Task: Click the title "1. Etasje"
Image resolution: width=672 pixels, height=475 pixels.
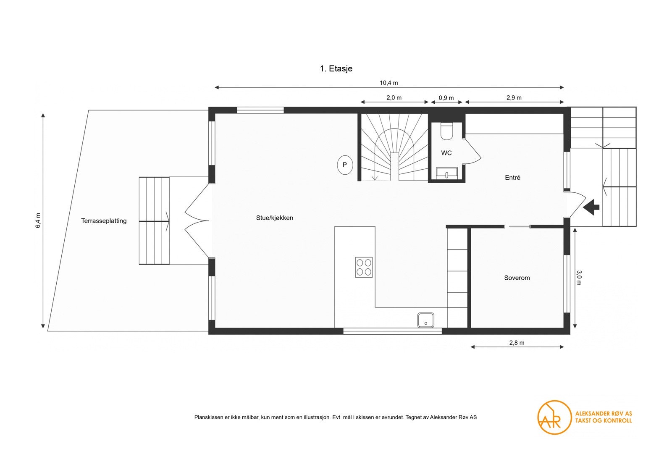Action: click(336, 69)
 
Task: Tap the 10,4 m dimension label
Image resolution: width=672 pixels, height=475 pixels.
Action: click(389, 83)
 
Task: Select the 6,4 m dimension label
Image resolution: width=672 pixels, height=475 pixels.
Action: click(38, 220)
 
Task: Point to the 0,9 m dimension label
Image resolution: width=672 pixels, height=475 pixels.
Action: click(446, 98)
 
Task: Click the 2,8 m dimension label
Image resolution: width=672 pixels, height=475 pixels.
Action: click(517, 343)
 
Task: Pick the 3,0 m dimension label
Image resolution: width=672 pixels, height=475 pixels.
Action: click(579, 278)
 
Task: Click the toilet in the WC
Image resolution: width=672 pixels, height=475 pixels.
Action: click(447, 131)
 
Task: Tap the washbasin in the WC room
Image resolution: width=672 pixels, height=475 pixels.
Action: click(447, 173)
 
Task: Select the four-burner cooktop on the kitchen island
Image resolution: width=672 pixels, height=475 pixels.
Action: click(364, 267)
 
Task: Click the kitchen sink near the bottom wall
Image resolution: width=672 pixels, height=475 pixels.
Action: click(426, 320)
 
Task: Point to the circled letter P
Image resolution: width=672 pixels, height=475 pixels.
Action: click(345, 165)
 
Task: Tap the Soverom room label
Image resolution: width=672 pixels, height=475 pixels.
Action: click(517, 278)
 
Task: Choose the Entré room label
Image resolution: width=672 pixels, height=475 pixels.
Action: click(512, 178)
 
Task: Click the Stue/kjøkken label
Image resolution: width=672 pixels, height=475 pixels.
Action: click(275, 218)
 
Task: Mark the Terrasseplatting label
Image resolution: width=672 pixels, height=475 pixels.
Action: click(104, 221)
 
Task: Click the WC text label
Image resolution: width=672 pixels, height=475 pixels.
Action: click(446, 153)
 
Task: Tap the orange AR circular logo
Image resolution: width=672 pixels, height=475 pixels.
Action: click(554, 417)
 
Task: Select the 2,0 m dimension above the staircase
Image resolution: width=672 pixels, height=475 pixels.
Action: click(394, 98)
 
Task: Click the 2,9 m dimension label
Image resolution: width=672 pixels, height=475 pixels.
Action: click(514, 98)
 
